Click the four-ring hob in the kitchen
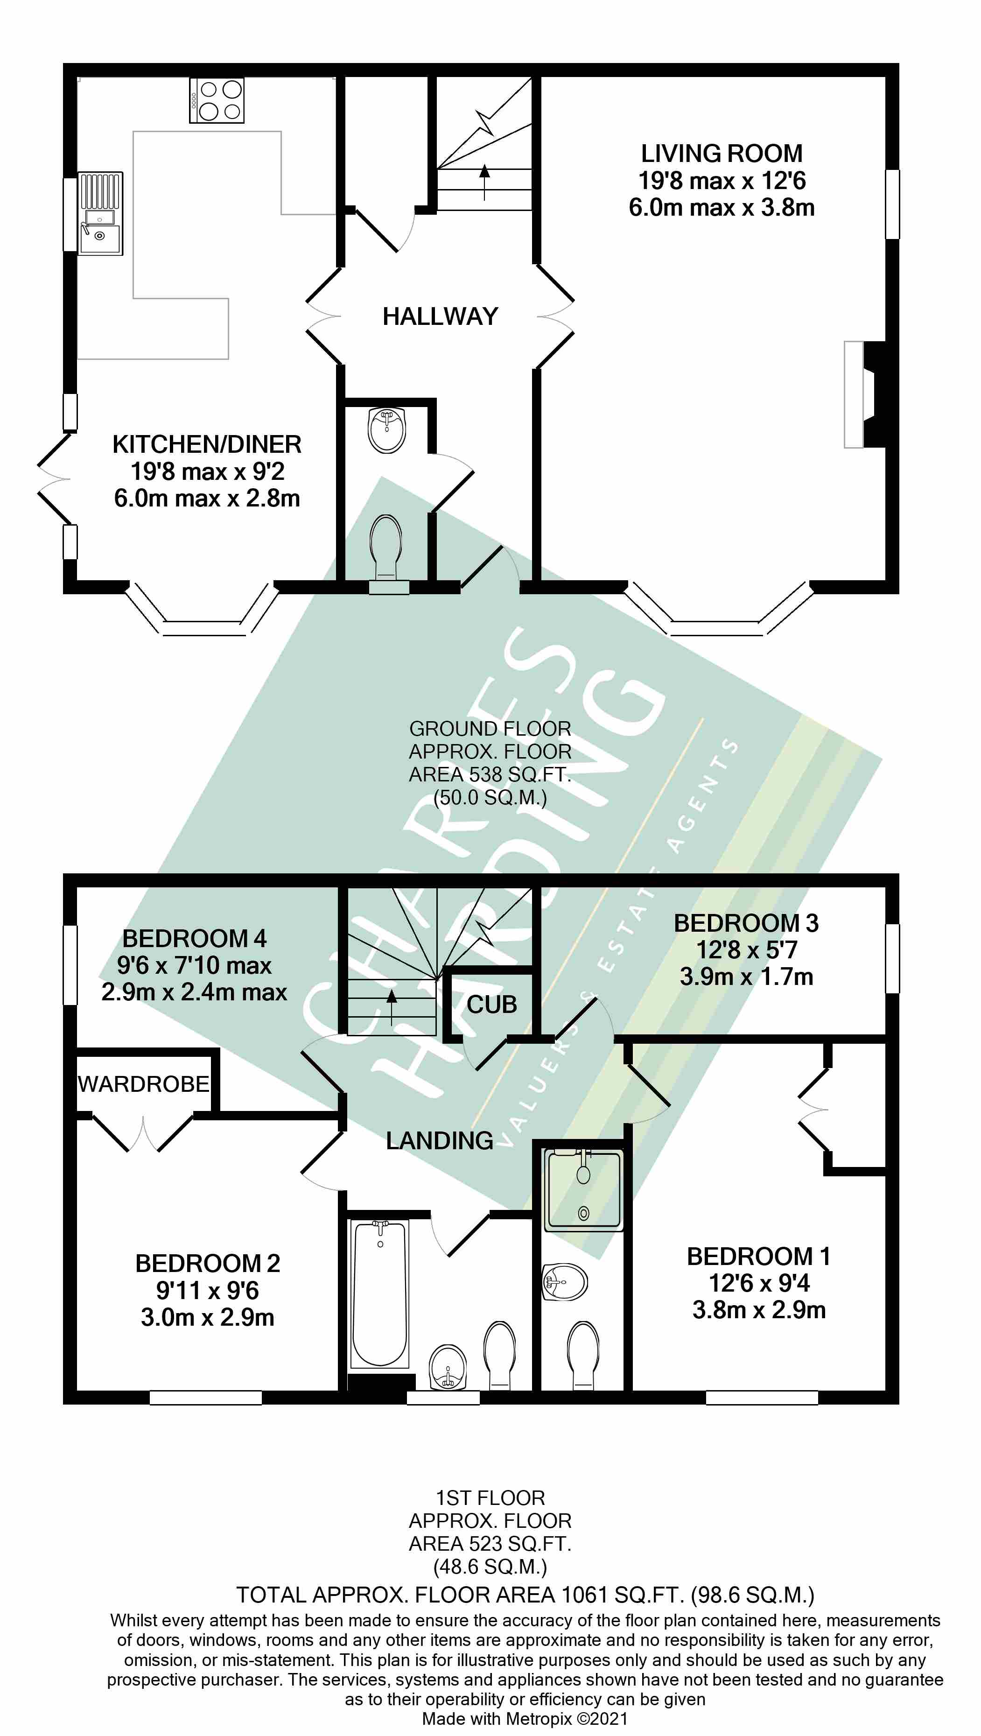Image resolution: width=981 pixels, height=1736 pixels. pos(217,100)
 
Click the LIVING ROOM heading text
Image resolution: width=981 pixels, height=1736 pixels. pos(721,154)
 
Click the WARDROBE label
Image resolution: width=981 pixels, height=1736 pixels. pos(144,1084)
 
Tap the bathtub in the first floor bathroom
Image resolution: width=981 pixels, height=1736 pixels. pos(380,1294)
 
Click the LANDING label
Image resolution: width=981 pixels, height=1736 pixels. pos(439,1141)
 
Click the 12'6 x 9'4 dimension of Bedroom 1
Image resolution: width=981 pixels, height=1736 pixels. pos(759,1283)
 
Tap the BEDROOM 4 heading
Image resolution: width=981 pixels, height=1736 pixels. pos(194,939)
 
